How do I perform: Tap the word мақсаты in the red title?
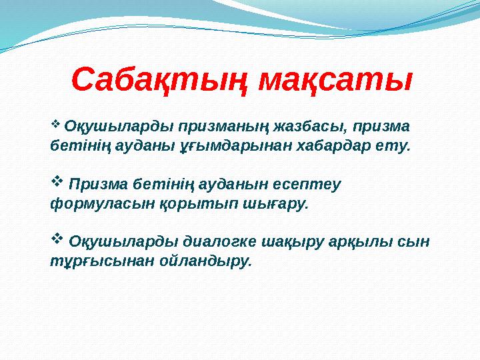point(335,80)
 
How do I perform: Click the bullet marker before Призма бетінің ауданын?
point(57,180)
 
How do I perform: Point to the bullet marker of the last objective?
point(57,238)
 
